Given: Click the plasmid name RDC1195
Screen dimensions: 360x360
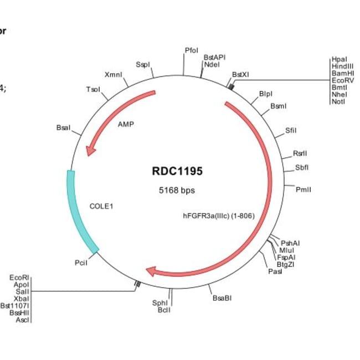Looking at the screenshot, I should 177,171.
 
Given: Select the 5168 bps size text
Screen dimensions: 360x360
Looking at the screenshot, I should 177,190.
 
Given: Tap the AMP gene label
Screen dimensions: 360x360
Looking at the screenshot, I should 126,124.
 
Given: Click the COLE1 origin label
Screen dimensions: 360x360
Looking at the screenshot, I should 101,206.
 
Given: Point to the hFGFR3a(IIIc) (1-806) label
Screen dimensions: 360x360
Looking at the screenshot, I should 219,216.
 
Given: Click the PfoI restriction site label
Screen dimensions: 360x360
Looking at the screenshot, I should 191,51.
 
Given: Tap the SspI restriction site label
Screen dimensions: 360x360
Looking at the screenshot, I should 143,65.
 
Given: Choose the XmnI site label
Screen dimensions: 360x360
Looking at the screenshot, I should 113,74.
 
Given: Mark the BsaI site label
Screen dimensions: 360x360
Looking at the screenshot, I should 64,128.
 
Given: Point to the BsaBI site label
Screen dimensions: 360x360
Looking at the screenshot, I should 222,299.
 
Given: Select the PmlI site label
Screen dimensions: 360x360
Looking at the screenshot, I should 304,189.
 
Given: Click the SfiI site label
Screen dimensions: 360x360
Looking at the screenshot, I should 291,131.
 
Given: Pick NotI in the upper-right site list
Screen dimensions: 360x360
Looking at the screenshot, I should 338,102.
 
